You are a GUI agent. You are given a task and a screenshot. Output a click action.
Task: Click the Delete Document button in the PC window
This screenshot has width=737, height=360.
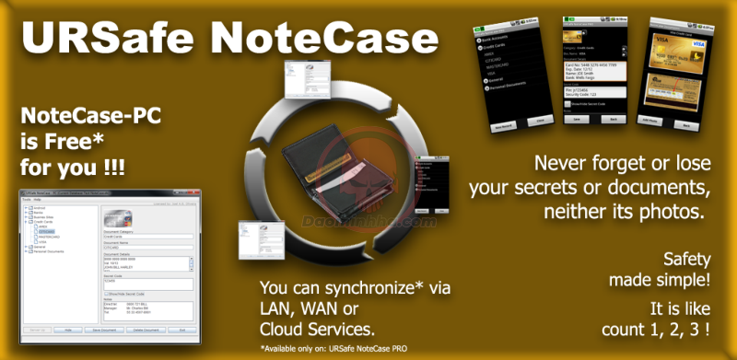click(145, 329)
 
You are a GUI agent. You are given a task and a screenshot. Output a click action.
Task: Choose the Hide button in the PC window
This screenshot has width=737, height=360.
click(68, 329)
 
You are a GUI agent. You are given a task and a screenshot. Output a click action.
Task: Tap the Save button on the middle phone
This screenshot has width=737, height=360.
click(575, 120)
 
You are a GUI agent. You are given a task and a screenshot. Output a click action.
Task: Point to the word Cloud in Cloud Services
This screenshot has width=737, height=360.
click(282, 329)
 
